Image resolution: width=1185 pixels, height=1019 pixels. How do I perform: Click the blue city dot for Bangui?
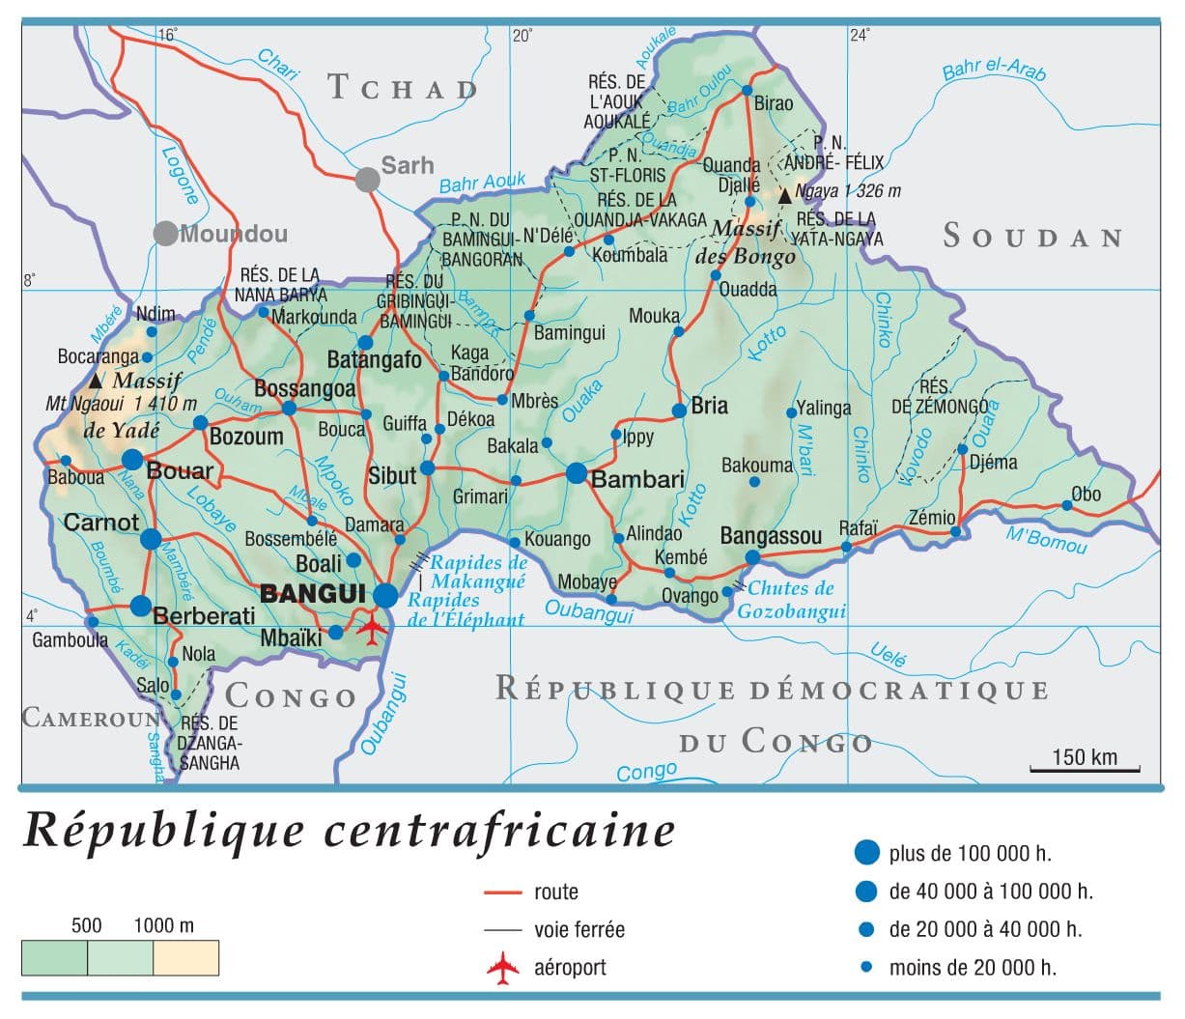tap(385, 596)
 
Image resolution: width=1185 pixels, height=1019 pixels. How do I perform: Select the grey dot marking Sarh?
tap(367, 180)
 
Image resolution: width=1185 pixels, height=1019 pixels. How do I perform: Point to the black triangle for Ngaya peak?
tap(784, 195)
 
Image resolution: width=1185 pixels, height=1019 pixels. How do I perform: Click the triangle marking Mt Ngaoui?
tap(96, 382)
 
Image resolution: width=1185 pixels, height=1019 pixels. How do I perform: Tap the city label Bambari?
tap(637, 479)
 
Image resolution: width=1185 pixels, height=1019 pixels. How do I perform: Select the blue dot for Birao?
tap(747, 91)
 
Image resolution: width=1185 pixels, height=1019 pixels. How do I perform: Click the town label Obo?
tap(1086, 494)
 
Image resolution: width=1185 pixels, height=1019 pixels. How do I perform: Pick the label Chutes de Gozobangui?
tap(791, 600)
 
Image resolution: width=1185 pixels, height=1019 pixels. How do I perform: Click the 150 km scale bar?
tap(1085, 769)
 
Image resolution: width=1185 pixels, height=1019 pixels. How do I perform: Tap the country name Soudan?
tap(1032, 237)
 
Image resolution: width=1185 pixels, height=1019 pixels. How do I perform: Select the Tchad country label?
tap(403, 87)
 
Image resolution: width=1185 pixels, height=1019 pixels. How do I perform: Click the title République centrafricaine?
tap(349, 830)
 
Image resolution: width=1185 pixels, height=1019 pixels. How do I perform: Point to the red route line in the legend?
tap(502, 892)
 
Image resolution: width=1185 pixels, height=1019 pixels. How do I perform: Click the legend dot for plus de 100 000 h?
tap(867, 852)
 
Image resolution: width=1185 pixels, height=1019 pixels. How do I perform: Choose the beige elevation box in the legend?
tap(185, 957)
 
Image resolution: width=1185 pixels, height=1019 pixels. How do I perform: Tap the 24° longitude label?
tap(859, 36)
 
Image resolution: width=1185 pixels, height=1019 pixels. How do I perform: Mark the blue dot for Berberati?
tap(141, 607)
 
